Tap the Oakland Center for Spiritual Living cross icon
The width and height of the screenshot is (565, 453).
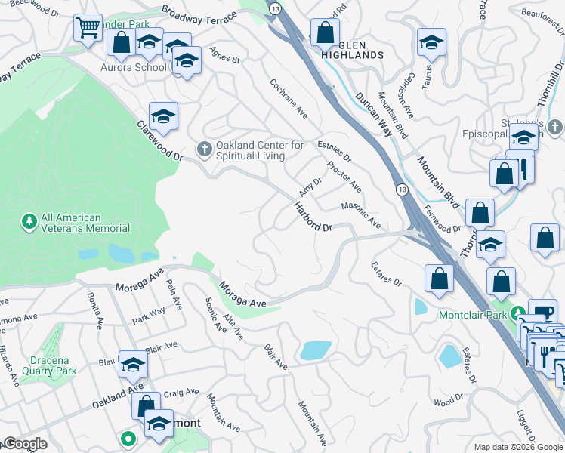[204, 150]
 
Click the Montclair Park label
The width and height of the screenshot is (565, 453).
[472, 313]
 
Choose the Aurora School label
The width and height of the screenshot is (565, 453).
[133, 67]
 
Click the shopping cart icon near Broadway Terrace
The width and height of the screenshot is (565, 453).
[88, 29]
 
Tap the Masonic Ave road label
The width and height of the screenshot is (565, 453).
[361, 215]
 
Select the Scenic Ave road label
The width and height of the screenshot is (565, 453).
[215, 308]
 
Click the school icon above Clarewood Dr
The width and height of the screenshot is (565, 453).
[163, 117]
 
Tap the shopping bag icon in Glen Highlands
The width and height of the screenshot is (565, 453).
[325, 33]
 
